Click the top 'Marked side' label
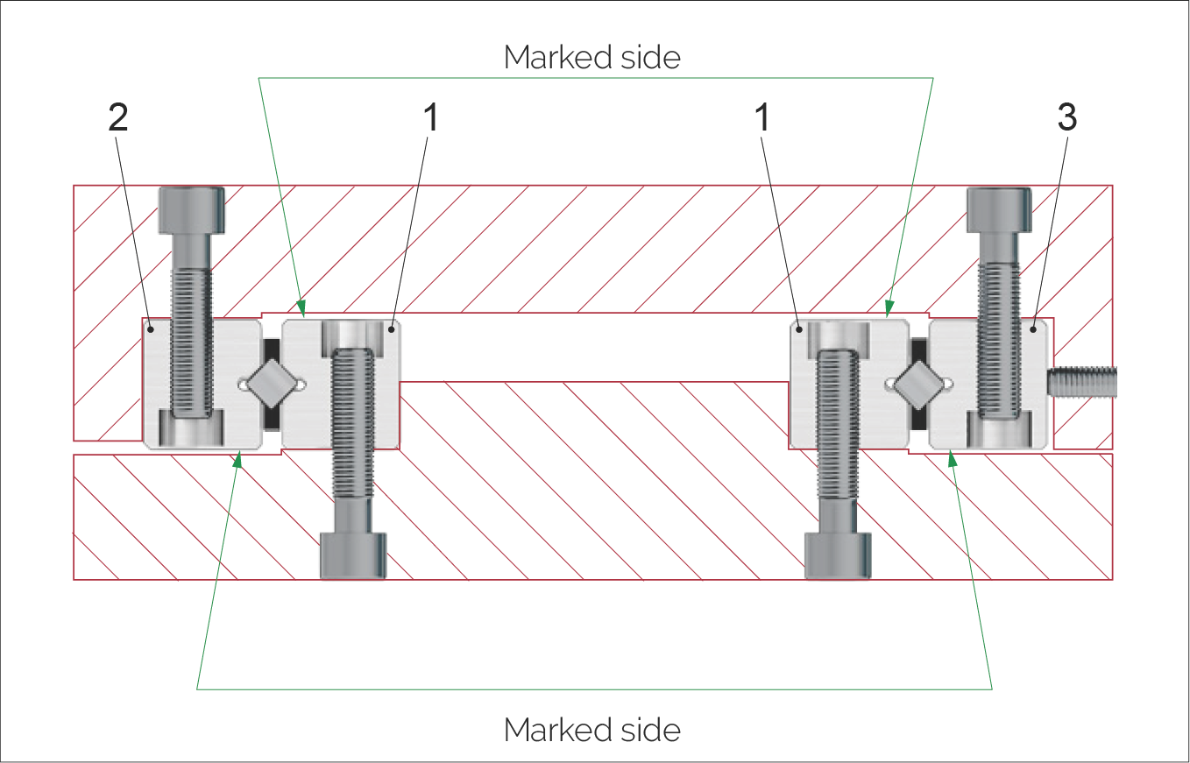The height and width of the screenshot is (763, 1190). coord(592,58)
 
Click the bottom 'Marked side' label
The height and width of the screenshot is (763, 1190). coord(592,729)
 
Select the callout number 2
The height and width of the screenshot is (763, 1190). coord(118,119)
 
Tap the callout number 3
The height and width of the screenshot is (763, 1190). coord(1067,119)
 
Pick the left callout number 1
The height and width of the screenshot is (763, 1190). coord(430,119)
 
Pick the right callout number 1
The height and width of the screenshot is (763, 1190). coord(762,119)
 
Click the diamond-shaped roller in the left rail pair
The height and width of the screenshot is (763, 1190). coord(270,384)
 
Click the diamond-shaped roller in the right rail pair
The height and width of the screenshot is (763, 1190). coord(919,384)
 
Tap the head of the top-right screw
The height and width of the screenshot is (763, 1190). coord(997,209)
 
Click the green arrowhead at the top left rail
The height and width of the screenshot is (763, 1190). coord(303,307)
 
